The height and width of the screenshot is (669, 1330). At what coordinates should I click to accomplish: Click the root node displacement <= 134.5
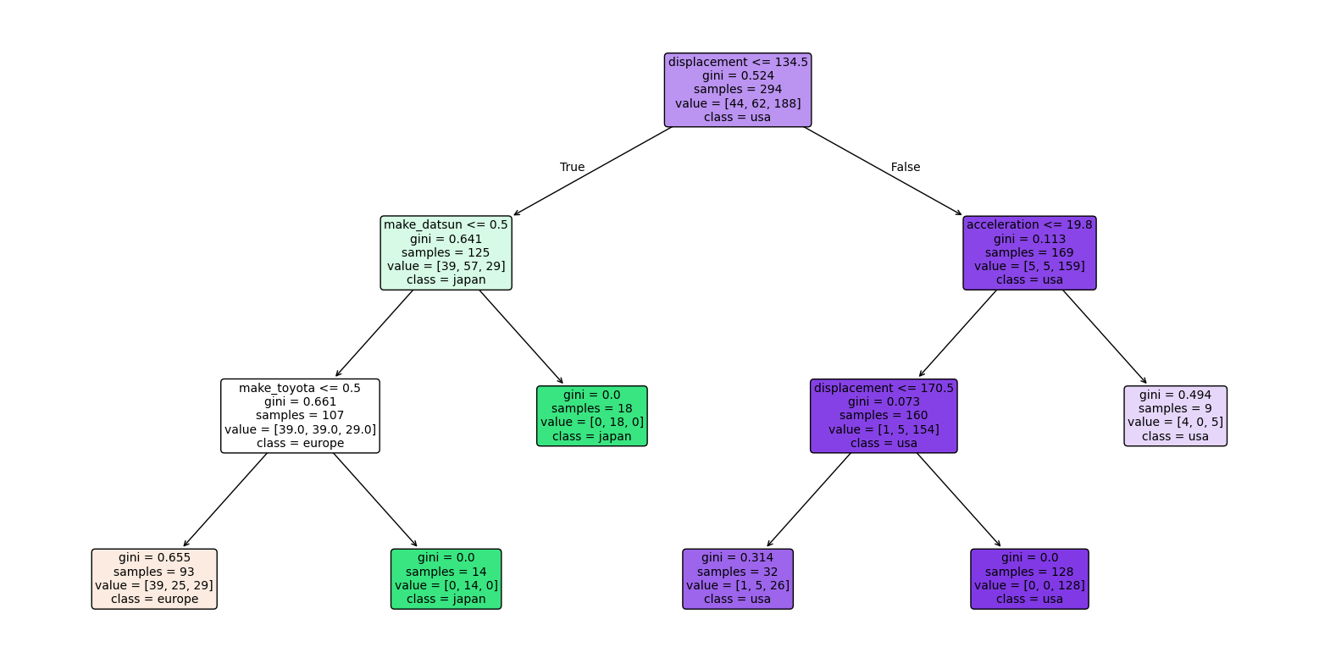tap(737, 90)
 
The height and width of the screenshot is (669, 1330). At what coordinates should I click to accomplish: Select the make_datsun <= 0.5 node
tap(446, 252)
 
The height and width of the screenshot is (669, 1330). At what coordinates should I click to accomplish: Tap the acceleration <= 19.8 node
tap(1029, 252)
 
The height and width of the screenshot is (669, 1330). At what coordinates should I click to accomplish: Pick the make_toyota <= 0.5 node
tap(300, 416)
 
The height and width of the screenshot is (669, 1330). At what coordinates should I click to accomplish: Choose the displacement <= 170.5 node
tap(884, 416)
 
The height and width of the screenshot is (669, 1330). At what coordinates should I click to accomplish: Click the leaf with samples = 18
tap(592, 416)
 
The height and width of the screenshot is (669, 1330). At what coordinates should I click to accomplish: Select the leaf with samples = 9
tap(1175, 416)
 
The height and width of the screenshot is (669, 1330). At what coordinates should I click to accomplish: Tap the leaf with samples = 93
tap(154, 578)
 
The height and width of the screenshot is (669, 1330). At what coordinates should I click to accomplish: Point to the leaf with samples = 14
tap(446, 578)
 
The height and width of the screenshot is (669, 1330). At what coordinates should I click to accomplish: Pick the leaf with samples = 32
tap(738, 578)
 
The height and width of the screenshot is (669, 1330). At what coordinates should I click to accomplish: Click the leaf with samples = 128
tap(1029, 578)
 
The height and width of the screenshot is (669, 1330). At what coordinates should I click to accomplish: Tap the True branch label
tap(572, 167)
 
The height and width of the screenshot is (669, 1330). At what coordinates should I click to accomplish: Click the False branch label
tap(905, 167)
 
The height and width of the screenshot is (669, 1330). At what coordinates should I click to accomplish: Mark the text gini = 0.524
tap(737, 75)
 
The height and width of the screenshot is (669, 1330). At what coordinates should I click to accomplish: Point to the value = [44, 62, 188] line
tap(737, 103)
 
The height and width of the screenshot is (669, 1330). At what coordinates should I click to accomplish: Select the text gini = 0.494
tap(1175, 395)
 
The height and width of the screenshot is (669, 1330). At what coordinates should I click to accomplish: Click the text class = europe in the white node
tap(300, 443)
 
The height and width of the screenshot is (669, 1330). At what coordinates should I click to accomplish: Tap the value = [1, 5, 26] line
tap(738, 585)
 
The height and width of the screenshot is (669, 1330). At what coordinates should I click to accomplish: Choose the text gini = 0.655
tap(154, 557)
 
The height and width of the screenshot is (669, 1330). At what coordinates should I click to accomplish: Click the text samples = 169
tap(1029, 252)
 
